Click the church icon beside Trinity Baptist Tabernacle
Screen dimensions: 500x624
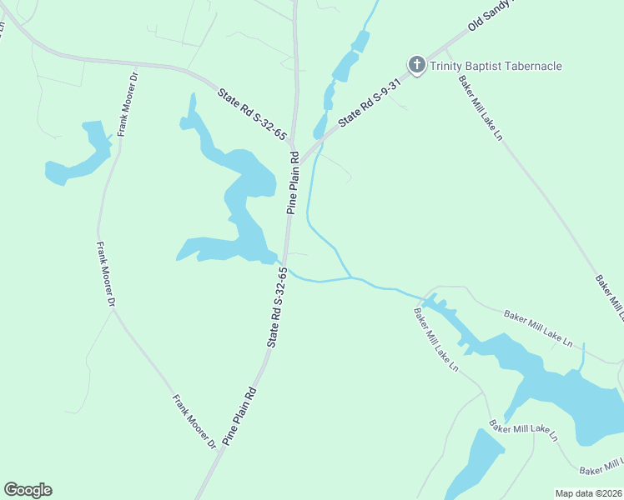(416, 65)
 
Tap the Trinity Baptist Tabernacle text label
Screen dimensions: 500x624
(496, 66)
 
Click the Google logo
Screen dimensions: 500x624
(28, 490)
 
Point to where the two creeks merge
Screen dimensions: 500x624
(351, 277)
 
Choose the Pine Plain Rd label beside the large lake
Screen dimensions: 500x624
(293, 183)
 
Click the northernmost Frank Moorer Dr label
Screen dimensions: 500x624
(127, 104)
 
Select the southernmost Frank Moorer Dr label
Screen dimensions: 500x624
(194, 421)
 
